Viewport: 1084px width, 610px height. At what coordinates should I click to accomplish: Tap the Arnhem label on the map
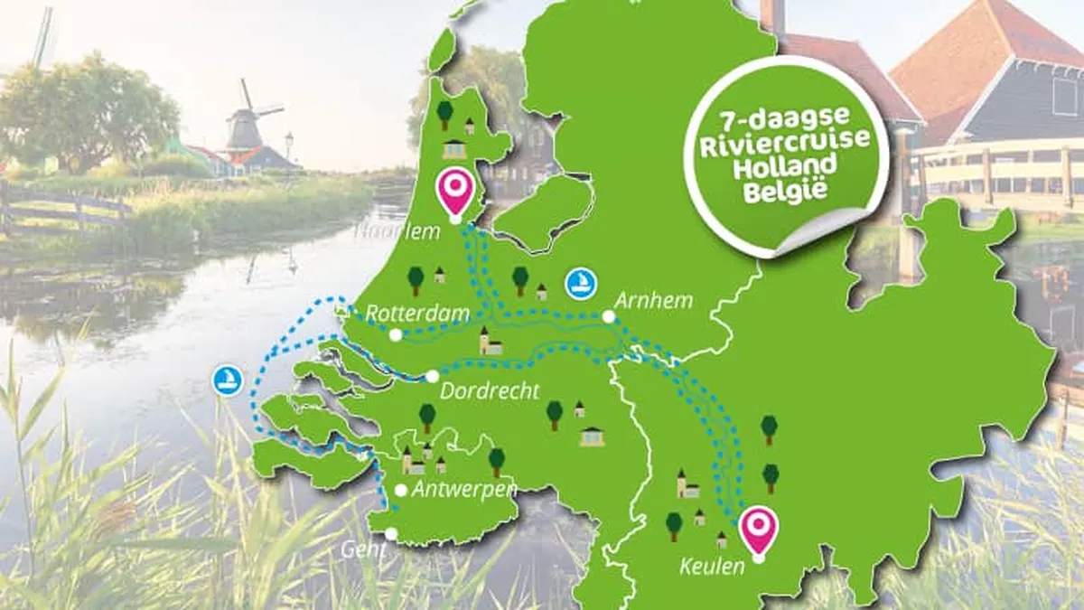(653, 300)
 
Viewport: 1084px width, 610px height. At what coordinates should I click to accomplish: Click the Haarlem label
(397, 230)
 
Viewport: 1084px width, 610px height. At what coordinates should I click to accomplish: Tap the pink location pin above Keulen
(758, 530)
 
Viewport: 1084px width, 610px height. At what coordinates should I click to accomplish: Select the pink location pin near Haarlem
(454, 191)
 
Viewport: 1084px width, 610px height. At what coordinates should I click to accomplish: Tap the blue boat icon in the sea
(229, 380)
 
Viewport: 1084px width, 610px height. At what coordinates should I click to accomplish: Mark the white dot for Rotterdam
(396, 335)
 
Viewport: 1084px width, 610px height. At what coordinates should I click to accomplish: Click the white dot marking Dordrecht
(433, 376)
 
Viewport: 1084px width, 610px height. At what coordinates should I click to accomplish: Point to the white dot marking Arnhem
(609, 316)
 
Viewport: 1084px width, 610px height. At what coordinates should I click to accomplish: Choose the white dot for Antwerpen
(400, 490)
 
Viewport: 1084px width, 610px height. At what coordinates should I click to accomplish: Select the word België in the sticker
(783, 191)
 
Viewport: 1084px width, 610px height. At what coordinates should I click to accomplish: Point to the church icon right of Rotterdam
(490, 341)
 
